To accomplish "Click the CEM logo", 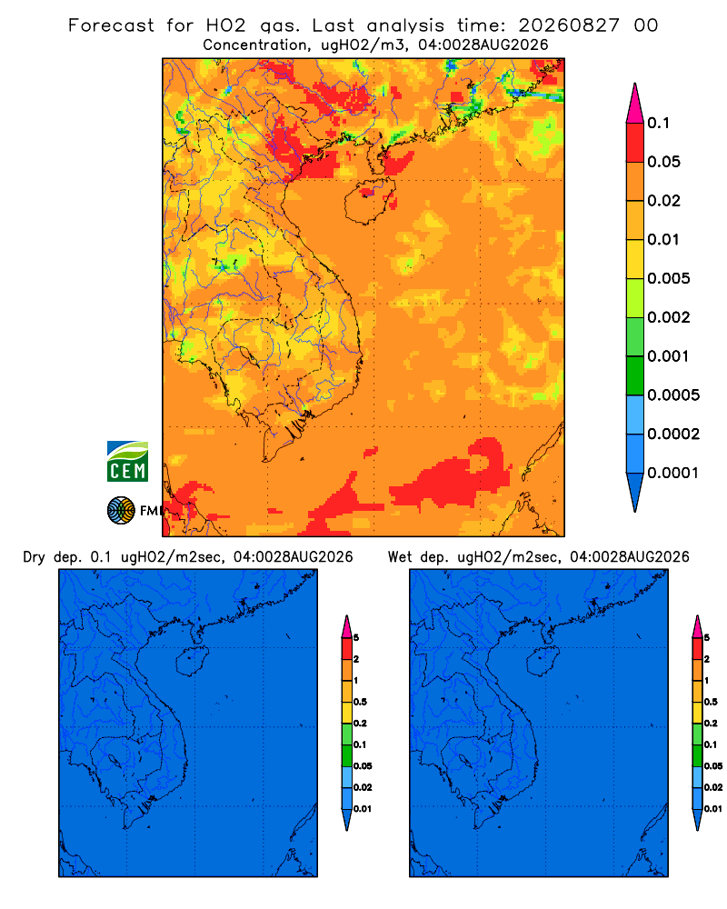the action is coord(127,461).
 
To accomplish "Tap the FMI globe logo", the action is coord(121,511).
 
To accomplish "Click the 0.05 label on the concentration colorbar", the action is coord(663,162).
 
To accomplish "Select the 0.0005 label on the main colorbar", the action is coord(673,395).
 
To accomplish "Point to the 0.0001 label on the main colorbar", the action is coord(673,473).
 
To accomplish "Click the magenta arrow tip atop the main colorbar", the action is coord(635,103).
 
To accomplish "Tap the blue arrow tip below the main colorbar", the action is coord(635,492).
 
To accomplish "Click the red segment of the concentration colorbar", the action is coord(635,143).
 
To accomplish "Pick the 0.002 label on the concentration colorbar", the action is coord(669,317).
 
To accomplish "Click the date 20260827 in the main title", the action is coord(569,25).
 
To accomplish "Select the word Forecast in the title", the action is coord(111,25).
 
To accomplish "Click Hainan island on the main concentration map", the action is coord(369,201).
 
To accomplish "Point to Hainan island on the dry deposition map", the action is coord(192,662).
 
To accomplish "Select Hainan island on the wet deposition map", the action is coord(543,662).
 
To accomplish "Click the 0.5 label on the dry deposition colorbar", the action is coord(360,702).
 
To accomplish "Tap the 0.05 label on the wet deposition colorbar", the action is coord(713,766).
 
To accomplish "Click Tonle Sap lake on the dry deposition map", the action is coord(115,760).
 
